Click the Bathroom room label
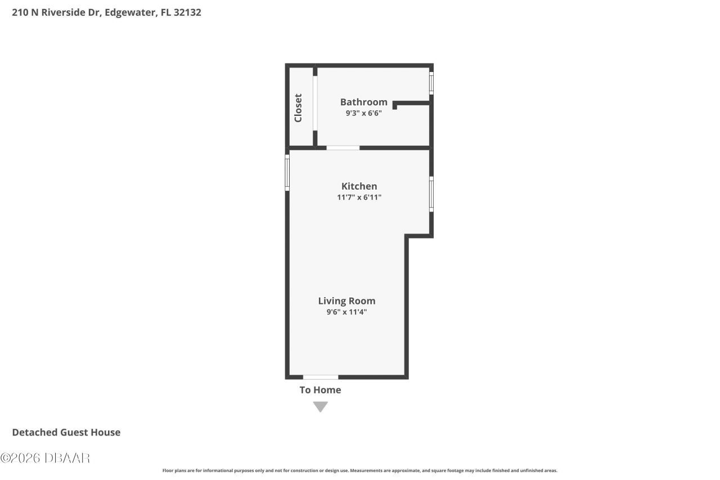click(363, 102)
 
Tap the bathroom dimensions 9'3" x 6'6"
click(363, 113)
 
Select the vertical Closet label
click(298, 107)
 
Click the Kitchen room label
click(359, 186)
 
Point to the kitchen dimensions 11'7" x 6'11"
click(359, 197)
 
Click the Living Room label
click(346, 300)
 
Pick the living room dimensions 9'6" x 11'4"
click(346, 311)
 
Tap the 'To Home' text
click(320, 390)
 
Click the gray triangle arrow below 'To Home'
click(321, 406)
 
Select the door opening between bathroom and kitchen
click(343, 148)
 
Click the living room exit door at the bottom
click(321, 377)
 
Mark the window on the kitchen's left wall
click(287, 173)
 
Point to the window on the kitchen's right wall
click(431, 194)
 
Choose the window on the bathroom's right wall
click(431, 83)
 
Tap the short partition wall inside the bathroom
click(412, 104)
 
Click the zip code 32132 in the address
click(187, 12)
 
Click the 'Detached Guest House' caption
click(66, 432)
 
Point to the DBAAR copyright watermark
click(45, 458)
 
